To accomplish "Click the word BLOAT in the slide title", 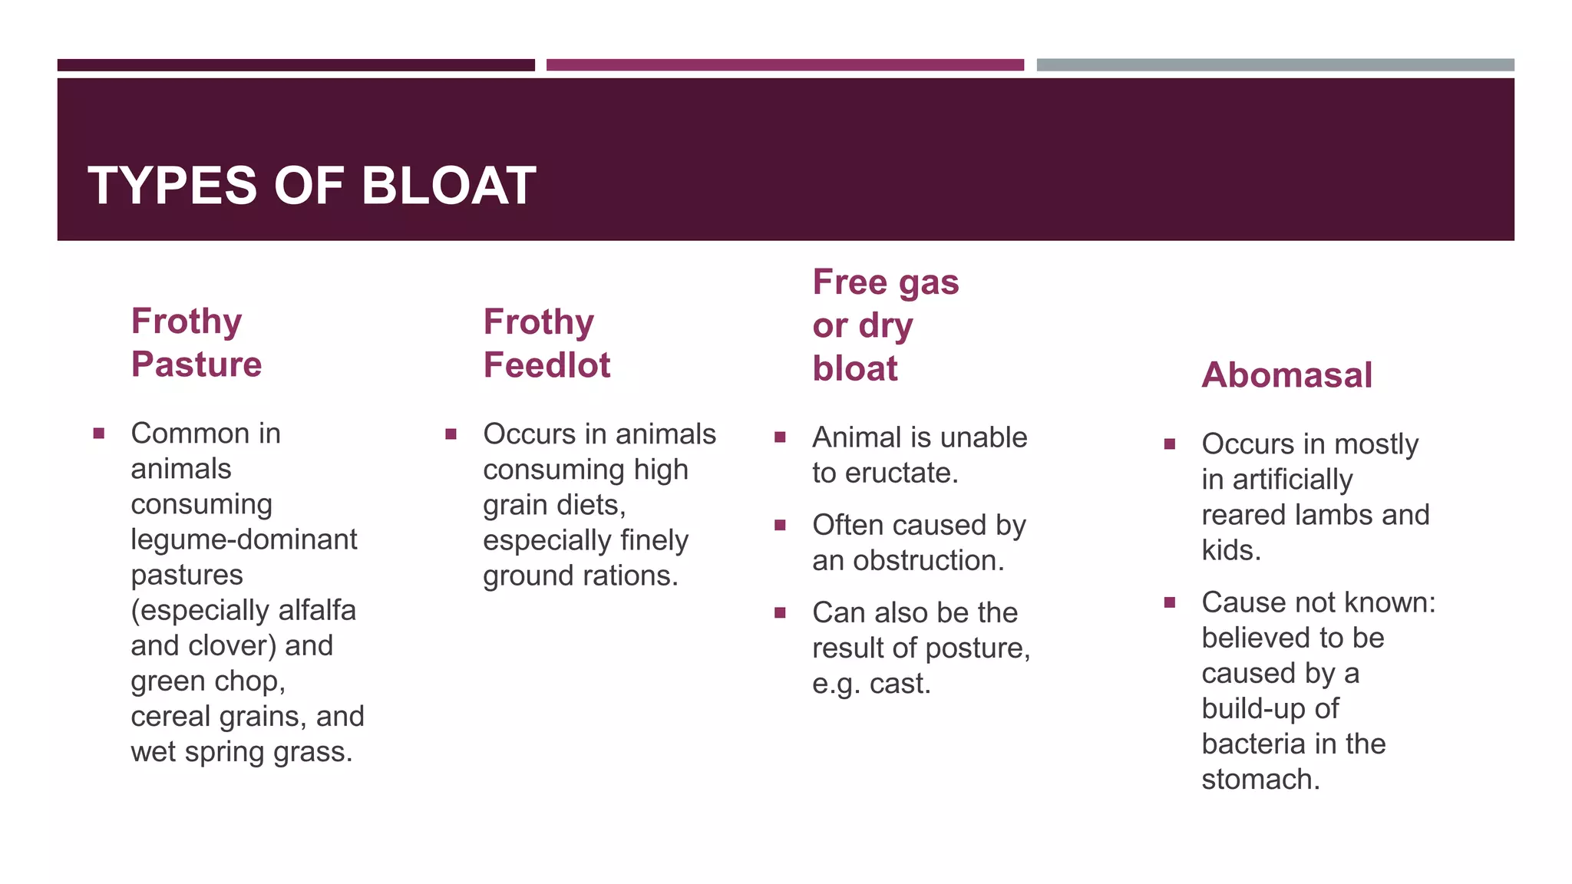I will (448, 186).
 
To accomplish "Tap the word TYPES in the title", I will (173, 186).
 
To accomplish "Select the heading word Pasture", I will (196, 364).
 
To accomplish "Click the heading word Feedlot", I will (547, 364).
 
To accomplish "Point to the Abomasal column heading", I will (1286, 375).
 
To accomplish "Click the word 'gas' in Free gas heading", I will (929, 282).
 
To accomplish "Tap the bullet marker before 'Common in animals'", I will (99, 434).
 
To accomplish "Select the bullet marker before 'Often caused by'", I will (780, 526).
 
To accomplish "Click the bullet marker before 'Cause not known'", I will (1169, 602).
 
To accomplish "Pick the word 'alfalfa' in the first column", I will (317, 611).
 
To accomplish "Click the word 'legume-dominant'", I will (244, 539).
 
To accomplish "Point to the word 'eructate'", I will (902, 473).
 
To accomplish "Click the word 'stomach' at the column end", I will (1260, 780).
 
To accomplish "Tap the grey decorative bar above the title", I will (1275, 65).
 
